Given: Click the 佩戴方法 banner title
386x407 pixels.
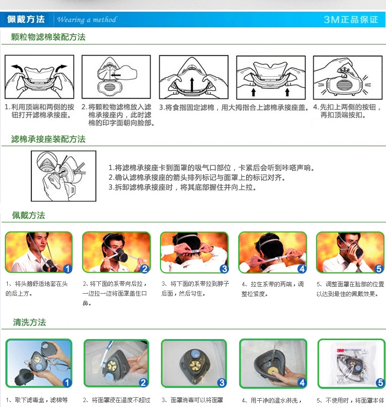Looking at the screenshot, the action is (26, 19).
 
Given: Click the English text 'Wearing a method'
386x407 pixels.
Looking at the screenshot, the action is (87, 20).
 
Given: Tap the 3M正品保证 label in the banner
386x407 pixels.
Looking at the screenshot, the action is (351, 20).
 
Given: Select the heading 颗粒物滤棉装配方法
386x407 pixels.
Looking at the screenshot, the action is (48, 37).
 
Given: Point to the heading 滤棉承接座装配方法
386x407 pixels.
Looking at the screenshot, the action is (48, 139).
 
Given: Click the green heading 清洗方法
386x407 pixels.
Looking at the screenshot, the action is (29, 322).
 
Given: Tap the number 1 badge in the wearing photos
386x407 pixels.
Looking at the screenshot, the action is (68, 269).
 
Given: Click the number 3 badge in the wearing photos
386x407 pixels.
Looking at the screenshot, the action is (224, 269).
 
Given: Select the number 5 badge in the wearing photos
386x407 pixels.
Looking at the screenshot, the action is (379, 269).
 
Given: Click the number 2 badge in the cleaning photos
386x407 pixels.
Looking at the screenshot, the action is (143, 383).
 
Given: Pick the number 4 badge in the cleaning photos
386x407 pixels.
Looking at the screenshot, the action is (302, 383).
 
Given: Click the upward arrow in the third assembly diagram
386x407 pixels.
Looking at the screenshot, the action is (192, 85).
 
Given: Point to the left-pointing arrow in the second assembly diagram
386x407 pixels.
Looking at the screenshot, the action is (116, 75).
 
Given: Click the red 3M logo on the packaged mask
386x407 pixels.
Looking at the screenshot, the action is (341, 350).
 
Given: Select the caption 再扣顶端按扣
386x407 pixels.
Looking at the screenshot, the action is (343, 115).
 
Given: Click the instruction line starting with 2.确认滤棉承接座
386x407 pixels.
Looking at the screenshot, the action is (197, 177).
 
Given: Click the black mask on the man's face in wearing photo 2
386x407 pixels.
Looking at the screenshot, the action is (121, 255).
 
